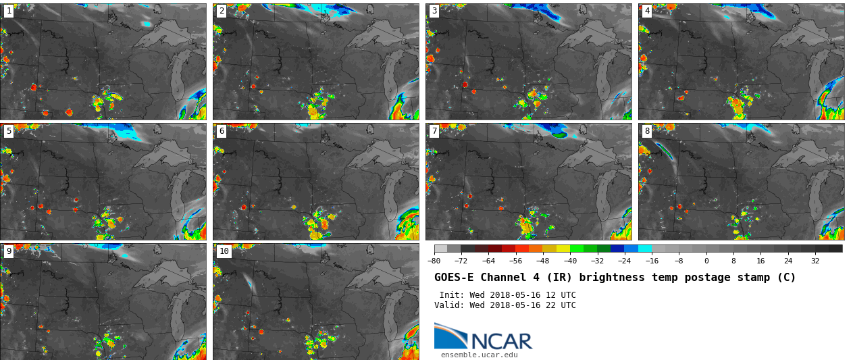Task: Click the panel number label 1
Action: pyautogui.click(x=9, y=11)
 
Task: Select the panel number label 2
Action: pyautogui.click(x=222, y=11)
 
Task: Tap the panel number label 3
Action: pyautogui.click(x=434, y=11)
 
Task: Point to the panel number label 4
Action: pyautogui.click(x=647, y=11)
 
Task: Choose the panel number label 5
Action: pyautogui.click(x=9, y=131)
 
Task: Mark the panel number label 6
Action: pyautogui.click(x=222, y=131)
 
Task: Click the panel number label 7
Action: pyautogui.click(x=434, y=131)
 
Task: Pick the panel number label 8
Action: pyautogui.click(x=647, y=131)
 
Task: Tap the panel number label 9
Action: pyautogui.click(x=9, y=251)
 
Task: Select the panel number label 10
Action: pyautogui.click(x=224, y=251)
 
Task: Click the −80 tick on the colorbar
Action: pyautogui.click(x=434, y=261)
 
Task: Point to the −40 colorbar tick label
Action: pyautogui.click(x=570, y=261)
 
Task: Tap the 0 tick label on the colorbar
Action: pyautogui.click(x=706, y=261)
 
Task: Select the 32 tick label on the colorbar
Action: pyautogui.click(x=815, y=261)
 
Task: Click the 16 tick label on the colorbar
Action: pyautogui.click(x=760, y=261)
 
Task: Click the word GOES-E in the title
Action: pyautogui.click(x=454, y=278)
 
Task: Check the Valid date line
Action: pyautogui.click(x=505, y=305)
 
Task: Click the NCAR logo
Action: pyautogui.click(x=483, y=337)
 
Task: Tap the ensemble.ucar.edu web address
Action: pyautogui.click(x=479, y=355)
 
